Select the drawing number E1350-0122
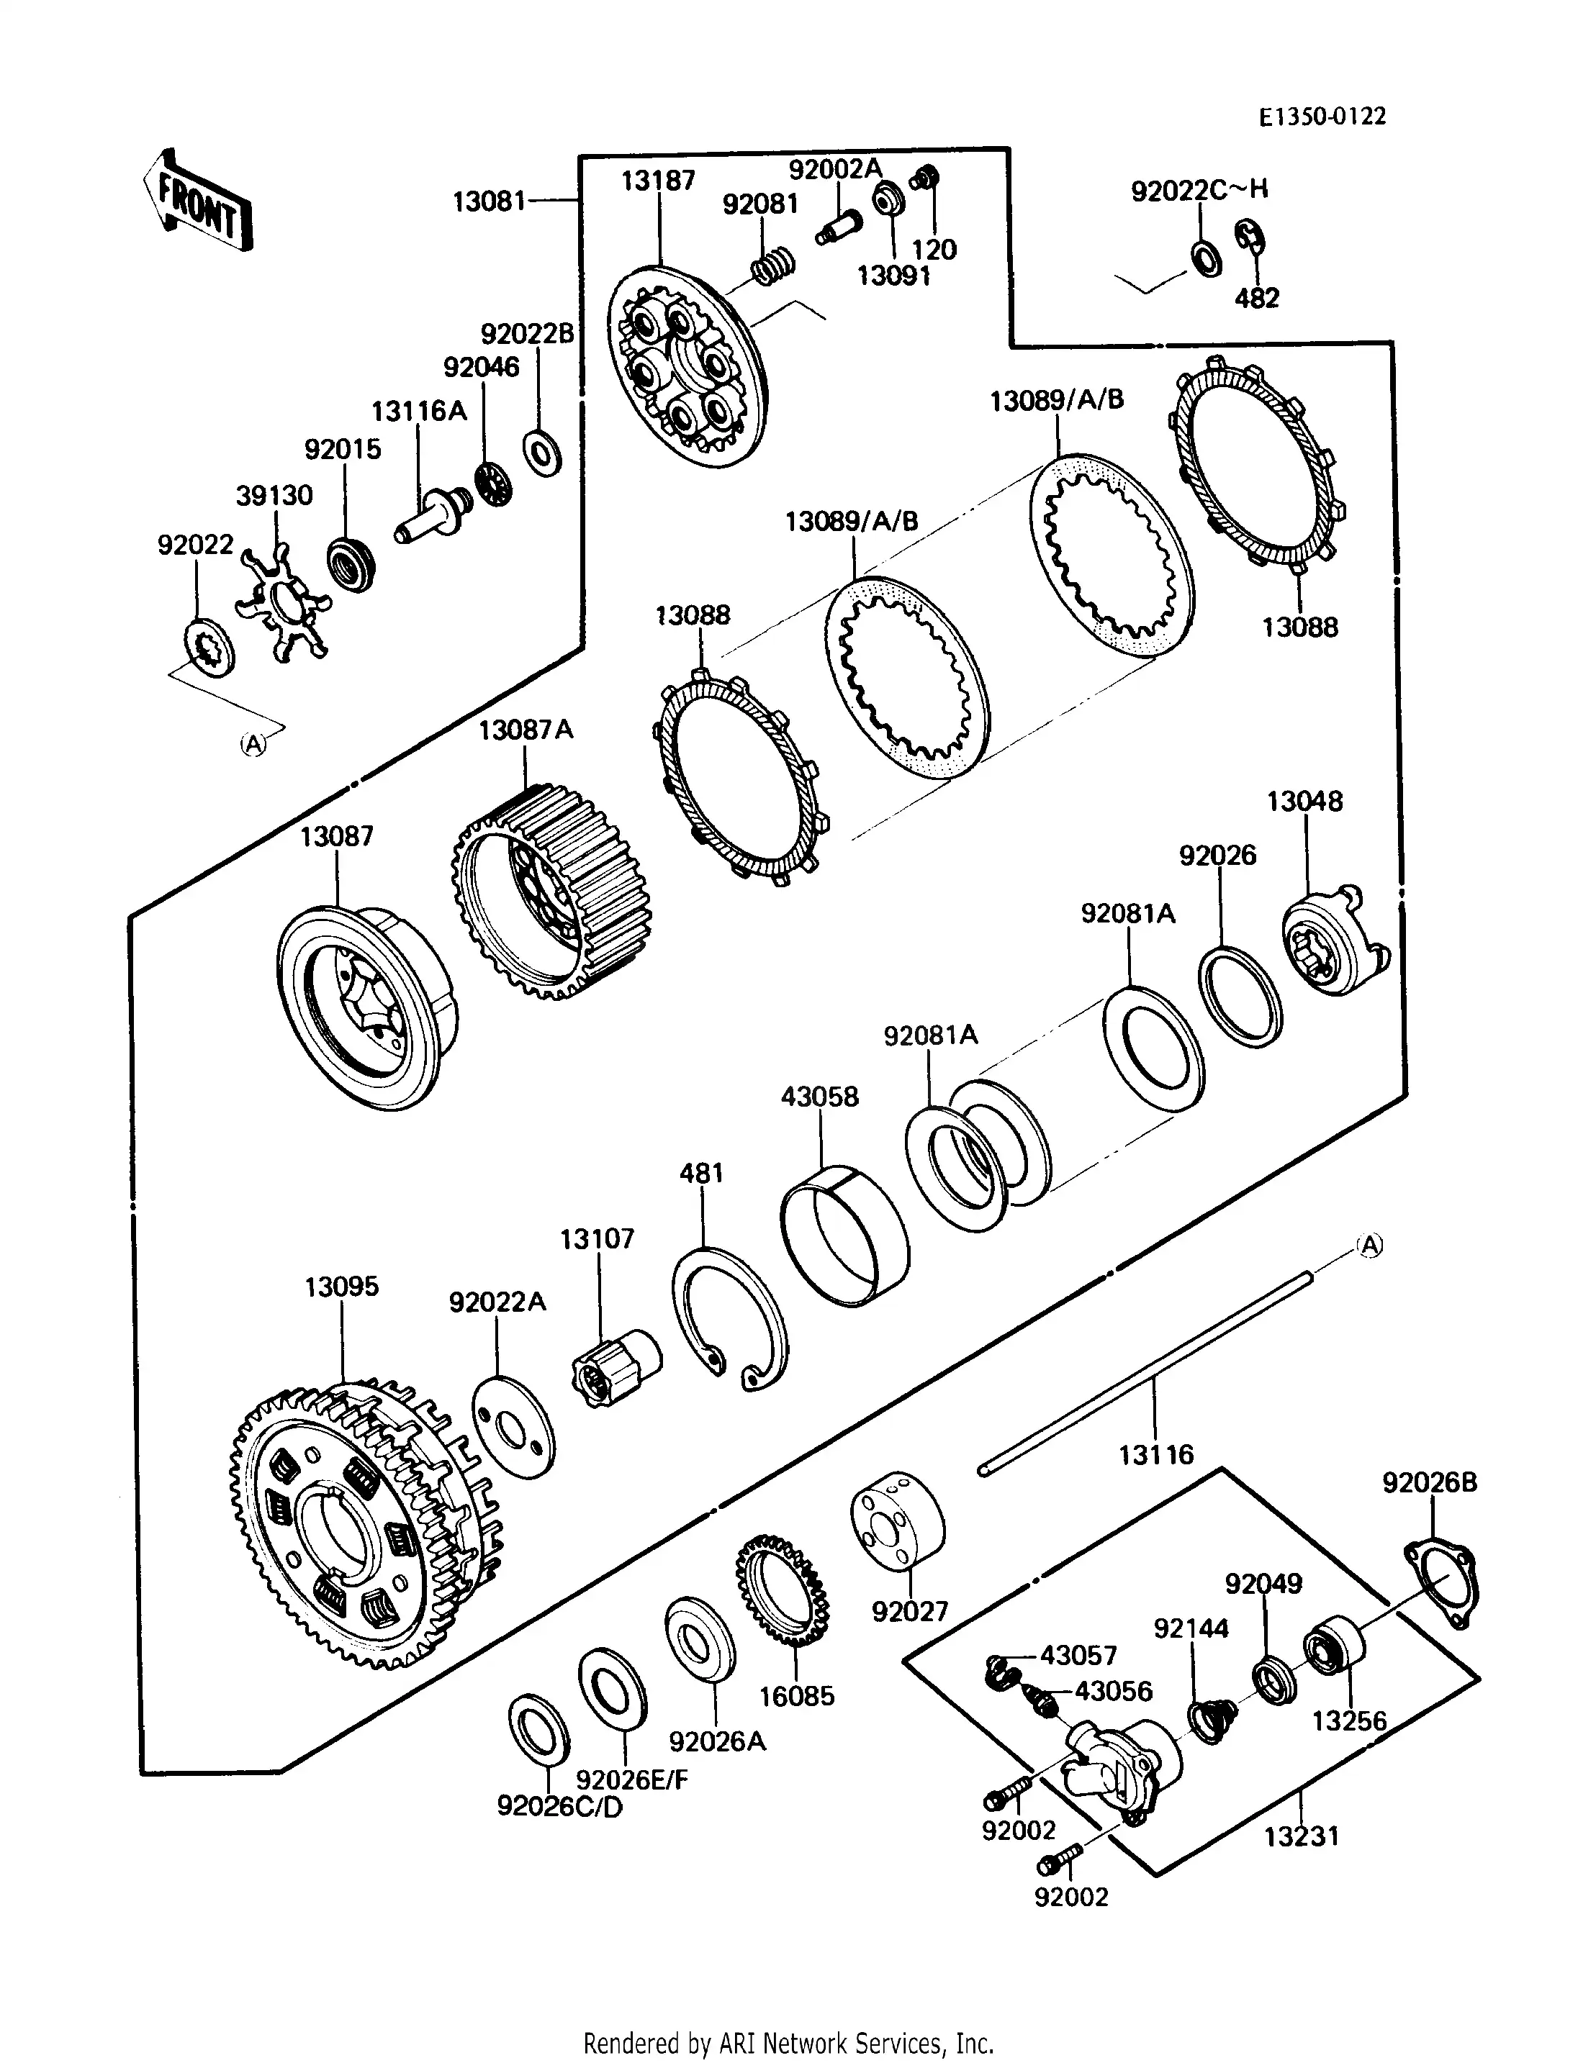click(1322, 117)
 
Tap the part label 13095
click(341, 1287)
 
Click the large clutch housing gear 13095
click(366, 1531)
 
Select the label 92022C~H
click(1199, 190)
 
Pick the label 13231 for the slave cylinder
click(1302, 1835)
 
